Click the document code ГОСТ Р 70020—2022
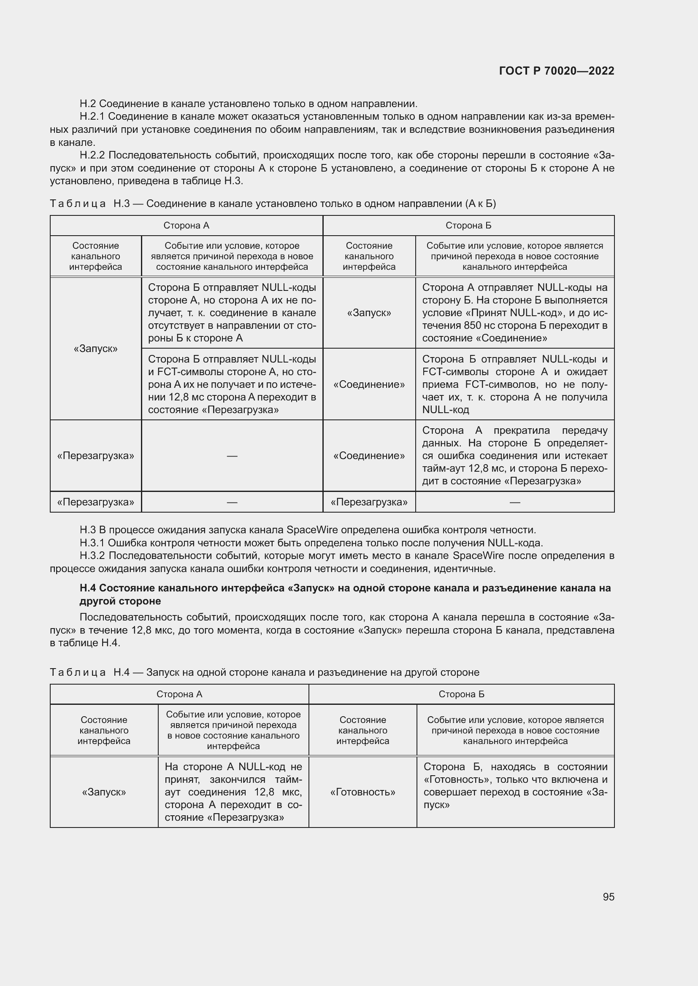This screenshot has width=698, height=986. pos(557,71)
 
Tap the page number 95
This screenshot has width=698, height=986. pos(608,897)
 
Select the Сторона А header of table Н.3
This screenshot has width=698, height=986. pos(186,226)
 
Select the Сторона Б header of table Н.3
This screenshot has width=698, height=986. pos(468,226)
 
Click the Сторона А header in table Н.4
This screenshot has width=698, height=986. pos(179,694)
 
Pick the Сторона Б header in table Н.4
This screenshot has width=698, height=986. pos(461,694)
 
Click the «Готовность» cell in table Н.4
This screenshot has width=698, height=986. pos(363,792)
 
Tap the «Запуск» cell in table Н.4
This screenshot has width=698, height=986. pos(104,792)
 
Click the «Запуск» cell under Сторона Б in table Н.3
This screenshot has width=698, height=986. pos(369,313)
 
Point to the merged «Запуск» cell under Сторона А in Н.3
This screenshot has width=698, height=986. pos(95,348)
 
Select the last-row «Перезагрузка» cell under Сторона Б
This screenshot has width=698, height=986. pos(369,502)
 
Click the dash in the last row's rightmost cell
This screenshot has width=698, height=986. pos(514,502)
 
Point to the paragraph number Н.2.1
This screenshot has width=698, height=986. pos(92,116)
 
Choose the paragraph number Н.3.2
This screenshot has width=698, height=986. pos(92,556)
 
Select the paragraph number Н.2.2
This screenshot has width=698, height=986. pos(92,155)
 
